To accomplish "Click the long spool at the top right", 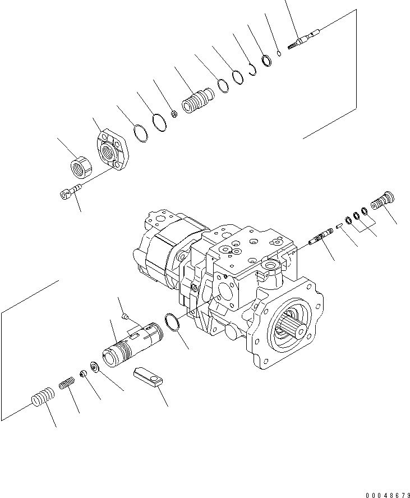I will (303, 40).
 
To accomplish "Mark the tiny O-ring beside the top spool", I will (279, 53).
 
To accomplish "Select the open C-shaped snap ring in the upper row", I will (252, 68).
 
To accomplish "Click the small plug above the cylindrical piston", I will (126, 317).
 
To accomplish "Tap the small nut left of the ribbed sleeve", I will (174, 114).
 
